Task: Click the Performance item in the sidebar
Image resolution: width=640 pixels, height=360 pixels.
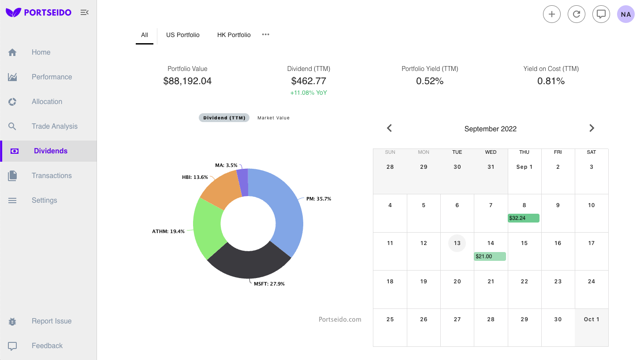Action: [51, 77]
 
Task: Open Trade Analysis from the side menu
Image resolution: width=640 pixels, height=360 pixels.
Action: [54, 126]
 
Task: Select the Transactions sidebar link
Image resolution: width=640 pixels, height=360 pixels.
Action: [51, 176]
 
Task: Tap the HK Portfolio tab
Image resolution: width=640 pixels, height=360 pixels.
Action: [234, 35]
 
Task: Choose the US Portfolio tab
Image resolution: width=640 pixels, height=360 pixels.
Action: [182, 35]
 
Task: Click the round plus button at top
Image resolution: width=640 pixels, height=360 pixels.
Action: [551, 14]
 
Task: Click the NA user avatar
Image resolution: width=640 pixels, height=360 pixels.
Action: [625, 14]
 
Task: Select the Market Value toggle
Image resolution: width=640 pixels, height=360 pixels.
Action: [273, 118]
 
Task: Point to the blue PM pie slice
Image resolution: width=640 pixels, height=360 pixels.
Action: [282, 207]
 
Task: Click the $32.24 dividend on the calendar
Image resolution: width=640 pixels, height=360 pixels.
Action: [523, 218]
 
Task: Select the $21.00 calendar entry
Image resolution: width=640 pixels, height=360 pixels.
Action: [490, 256]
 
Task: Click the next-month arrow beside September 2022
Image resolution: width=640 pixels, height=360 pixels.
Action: [592, 128]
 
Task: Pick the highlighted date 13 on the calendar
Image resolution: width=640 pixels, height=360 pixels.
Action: [457, 243]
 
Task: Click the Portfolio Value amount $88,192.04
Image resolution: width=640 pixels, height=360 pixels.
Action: [187, 81]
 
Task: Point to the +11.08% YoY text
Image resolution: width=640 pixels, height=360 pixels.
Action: [309, 93]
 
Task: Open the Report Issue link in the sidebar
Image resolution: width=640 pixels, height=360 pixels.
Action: [51, 321]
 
